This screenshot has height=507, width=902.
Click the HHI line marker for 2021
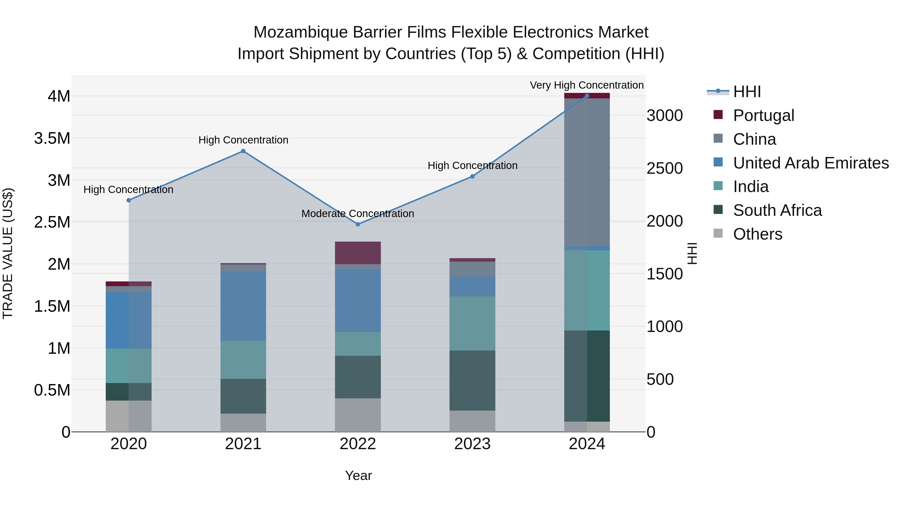(243, 151)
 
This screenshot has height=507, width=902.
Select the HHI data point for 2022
(358, 224)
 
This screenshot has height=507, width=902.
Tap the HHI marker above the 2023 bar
(472, 176)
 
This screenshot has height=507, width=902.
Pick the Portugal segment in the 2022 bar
(358, 253)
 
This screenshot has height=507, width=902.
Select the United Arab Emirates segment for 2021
(243, 306)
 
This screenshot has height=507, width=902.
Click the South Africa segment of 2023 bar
(472, 380)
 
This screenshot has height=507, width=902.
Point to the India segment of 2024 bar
(587, 290)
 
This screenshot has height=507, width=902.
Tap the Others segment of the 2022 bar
(358, 415)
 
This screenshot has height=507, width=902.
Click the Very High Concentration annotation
(587, 85)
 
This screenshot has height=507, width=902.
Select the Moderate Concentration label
(358, 213)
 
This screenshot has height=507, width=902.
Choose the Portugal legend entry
(763, 115)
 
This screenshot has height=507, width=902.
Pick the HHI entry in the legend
(747, 92)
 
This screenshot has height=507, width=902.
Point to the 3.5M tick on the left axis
(52, 138)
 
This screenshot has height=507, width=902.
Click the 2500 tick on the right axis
(664, 168)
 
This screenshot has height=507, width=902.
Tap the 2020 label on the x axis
(129, 444)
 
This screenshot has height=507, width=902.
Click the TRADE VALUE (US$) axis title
(8, 253)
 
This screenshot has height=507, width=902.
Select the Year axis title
(358, 475)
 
